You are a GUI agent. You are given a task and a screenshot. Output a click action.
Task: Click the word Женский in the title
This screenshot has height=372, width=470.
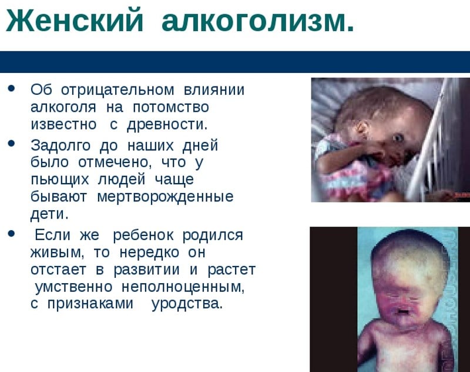tap(75, 21)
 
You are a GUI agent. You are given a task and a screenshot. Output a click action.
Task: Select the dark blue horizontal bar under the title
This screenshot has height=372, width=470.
tap(235, 62)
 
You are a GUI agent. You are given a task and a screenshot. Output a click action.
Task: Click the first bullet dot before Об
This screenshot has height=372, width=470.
tap(12, 88)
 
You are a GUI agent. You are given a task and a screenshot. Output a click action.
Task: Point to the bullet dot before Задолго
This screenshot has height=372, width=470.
tap(12, 143)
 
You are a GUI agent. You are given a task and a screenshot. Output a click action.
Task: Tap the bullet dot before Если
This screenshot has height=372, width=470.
tap(12, 233)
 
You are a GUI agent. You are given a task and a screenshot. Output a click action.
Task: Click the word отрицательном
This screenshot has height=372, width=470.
tap(117, 91)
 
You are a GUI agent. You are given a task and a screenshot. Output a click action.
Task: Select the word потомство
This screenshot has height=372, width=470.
tap(170, 108)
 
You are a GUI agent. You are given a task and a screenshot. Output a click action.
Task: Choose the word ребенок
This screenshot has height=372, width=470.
tap(143, 235)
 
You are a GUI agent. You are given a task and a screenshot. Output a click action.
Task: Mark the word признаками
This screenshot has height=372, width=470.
tap(90, 304)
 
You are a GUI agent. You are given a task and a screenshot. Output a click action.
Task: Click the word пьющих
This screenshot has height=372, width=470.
tap(60, 180)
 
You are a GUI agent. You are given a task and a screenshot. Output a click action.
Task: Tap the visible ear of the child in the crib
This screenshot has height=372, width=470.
tap(362, 128)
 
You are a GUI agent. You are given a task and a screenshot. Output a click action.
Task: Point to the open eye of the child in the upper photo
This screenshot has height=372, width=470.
tap(398, 138)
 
